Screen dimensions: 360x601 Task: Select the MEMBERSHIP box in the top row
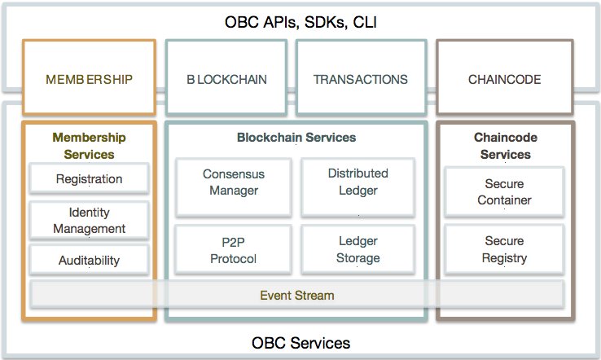point(89,80)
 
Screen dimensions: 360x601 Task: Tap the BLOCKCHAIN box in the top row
point(226,80)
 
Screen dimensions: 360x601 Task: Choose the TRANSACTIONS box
point(360,80)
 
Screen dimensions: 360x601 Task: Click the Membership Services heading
point(89,146)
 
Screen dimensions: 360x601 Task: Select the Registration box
point(89,179)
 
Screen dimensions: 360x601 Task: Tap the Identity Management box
point(89,221)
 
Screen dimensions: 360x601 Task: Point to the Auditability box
point(89,261)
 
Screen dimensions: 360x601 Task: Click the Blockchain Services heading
point(296,138)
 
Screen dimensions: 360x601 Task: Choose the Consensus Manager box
point(233,182)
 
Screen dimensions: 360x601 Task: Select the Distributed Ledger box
point(358,182)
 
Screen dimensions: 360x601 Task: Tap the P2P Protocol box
point(233,250)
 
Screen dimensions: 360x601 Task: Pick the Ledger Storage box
point(358,249)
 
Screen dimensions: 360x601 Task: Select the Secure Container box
point(504,191)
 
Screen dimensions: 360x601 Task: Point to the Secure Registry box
point(504,249)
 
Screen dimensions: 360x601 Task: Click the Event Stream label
point(296,295)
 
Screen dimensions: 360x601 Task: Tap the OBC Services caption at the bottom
point(300,343)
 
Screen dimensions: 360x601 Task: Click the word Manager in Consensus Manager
point(233,191)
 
